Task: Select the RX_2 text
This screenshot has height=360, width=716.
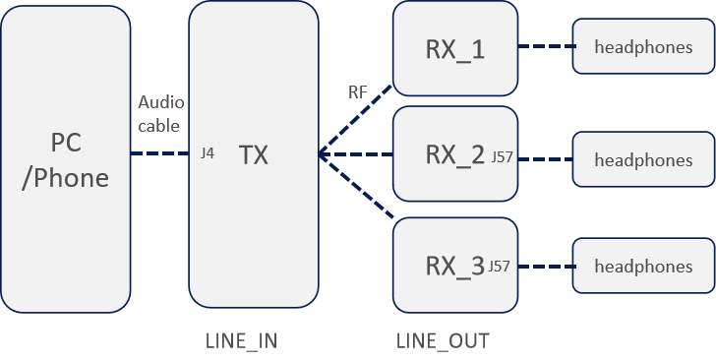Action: pyautogui.click(x=454, y=154)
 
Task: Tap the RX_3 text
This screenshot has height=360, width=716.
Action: pyautogui.click(x=454, y=266)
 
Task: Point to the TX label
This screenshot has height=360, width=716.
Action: pyautogui.click(x=254, y=154)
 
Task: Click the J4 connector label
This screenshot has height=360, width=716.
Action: pyautogui.click(x=207, y=154)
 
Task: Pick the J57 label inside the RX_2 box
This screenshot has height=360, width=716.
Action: pyautogui.click(x=501, y=156)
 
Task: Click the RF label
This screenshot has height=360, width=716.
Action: pyautogui.click(x=358, y=92)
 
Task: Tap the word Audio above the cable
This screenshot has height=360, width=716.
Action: pyautogui.click(x=159, y=102)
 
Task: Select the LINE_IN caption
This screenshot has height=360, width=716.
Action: pyautogui.click(x=241, y=341)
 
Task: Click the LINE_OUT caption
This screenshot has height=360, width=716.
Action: pyautogui.click(x=443, y=341)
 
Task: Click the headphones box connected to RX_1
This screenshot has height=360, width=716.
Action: pyautogui.click(x=643, y=47)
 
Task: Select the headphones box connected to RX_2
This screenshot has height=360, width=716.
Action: pyautogui.click(x=643, y=159)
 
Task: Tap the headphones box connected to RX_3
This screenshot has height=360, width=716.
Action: pyautogui.click(x=643, y=267)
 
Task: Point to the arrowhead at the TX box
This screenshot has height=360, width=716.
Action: pyautogui.click(x=323, y=154)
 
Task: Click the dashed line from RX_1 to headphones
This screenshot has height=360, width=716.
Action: pyautogui.click(x=545, y=46)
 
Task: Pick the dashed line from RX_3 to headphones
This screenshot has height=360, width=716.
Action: pyautogui.click(x=545, y=267)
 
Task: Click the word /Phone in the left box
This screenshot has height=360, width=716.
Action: pyautogui.click(x=66, y=179)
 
